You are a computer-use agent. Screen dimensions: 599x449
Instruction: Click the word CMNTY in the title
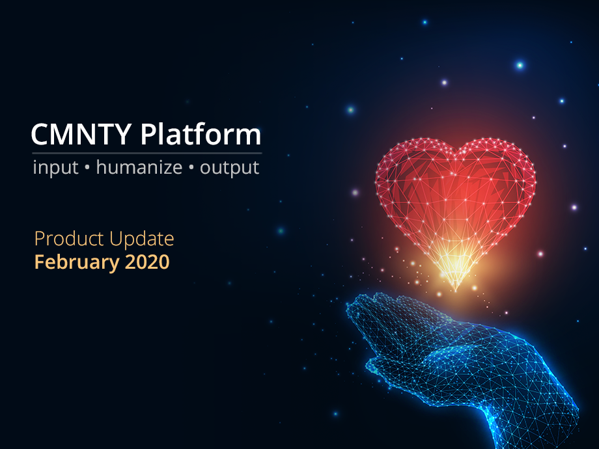click(x=81, y=135)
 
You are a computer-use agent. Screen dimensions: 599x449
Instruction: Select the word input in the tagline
click(x=55, y=168)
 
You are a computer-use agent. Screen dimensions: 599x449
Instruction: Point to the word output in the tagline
click(x=229, y=168)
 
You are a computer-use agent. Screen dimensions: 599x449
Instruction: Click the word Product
click(x=69, y=239)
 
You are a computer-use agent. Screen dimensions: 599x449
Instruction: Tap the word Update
click(x=142, y=239)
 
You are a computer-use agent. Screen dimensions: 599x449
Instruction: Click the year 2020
click(x=147, y=262)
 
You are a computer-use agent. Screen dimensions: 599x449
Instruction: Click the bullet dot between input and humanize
click(x=87, y=168)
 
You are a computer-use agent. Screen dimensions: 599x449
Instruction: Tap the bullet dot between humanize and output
click(x=191, y=168)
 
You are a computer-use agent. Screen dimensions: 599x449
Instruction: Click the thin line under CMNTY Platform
click(x=146, y=153)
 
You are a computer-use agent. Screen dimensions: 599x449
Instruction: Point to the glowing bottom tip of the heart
click(x=455, y=289)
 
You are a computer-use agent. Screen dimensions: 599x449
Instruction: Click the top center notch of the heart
click(x=456, y=154)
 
